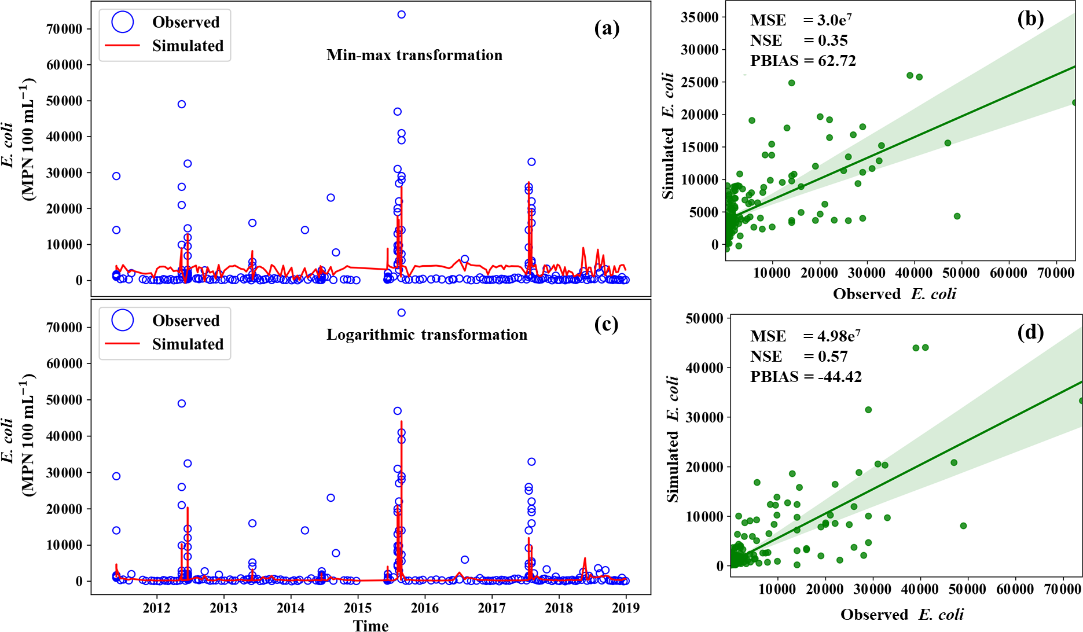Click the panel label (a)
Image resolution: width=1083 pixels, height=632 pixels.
(x=607, y=28)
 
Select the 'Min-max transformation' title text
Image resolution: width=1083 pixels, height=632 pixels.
(x=414, y=55)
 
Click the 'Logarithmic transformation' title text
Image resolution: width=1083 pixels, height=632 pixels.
(x=427, y=335)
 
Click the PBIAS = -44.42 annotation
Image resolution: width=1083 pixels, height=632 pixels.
(x=806, y=377)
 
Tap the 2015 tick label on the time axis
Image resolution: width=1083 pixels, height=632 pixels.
(x=358, y=608)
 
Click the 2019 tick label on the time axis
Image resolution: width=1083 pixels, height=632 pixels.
(x=626, y=608)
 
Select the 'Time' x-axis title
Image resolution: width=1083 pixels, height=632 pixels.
(x=371, y=625)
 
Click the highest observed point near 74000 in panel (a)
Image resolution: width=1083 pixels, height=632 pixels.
(x=401, y=14)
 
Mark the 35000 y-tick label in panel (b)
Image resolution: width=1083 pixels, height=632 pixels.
(x=699, y=17)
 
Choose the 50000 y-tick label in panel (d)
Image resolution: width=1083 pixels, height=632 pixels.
(x=704, y=318)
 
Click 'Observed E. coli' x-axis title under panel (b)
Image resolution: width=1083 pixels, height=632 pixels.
(x=894, y=294)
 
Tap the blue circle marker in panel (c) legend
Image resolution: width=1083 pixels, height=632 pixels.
(x=123, y=320)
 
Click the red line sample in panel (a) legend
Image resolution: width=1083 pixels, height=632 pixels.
(x=122, y=45)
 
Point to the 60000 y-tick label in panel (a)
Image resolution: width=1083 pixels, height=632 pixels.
(x=64, y=65)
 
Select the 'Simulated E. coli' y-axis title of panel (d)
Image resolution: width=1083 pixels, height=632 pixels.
(x=672, y=439)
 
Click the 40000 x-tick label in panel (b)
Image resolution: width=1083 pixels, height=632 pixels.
(x=913, y=273)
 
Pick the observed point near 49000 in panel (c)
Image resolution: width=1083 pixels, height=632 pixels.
(x=182, y=403)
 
